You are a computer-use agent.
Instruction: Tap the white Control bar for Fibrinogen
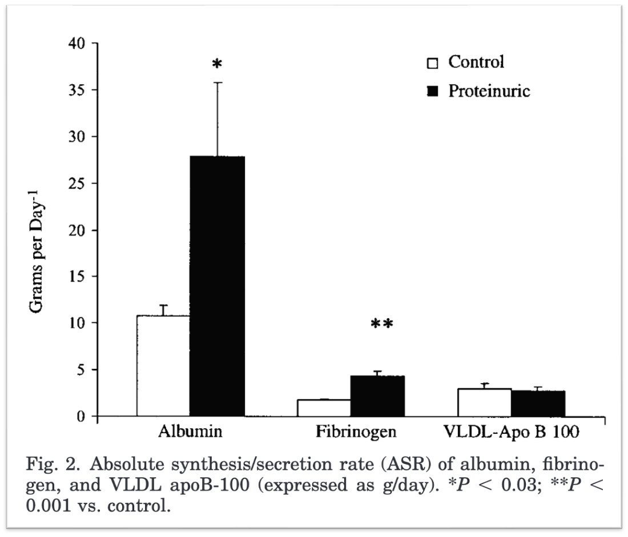tap(324, 408)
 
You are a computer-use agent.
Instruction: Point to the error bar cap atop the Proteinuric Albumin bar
tap(218, 83)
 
